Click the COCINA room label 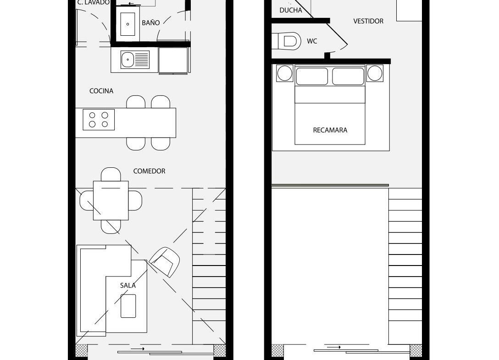point(101,91)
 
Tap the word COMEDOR point(149,171)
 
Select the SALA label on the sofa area point(128,286)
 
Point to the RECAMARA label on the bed point(330,130)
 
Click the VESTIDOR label point(368,22)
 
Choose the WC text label point(312,41)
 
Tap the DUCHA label point(291,10)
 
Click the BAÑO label point(151,22)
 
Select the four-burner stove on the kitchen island point(99,120)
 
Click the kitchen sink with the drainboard point(135,60)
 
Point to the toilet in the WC point(286,41)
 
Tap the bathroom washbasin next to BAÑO point(128,24)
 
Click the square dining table point(111,200)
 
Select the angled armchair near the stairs point(165,262)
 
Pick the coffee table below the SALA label point(128,306)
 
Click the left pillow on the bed point(312,77)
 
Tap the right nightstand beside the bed point(375,73)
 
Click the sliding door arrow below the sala point(138,349)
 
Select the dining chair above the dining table point(111,174)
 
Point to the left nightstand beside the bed point(284,73)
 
